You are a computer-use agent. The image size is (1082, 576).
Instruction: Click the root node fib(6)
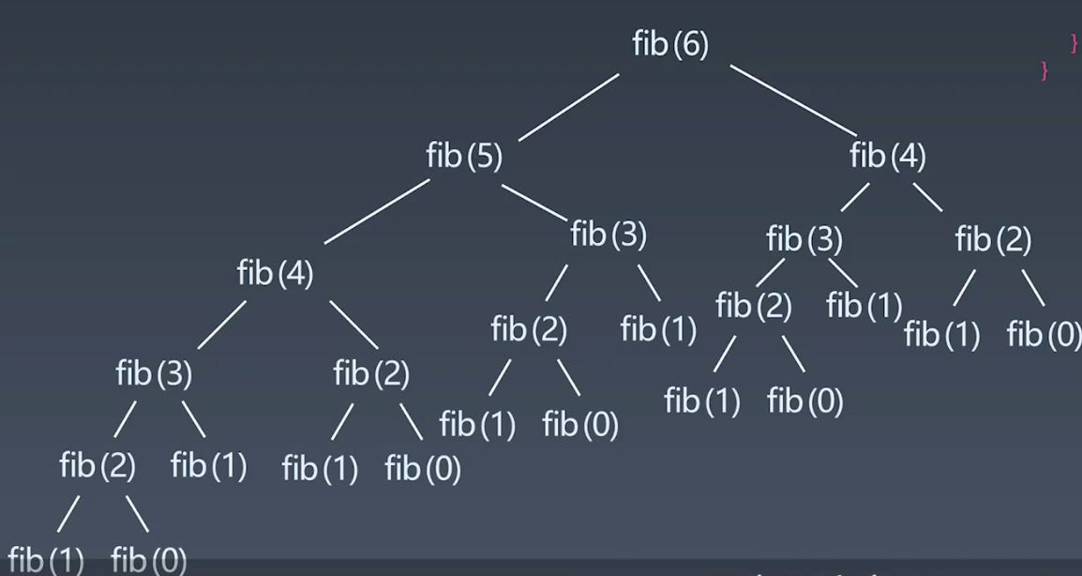670,45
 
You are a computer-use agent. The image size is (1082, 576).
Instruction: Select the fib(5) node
464,156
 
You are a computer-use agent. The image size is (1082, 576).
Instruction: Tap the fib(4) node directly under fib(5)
275,274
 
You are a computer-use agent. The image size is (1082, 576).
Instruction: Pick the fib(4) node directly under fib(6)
887,156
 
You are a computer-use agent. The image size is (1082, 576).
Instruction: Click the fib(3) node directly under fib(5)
609,235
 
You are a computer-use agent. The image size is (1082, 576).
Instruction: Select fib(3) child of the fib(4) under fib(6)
804,240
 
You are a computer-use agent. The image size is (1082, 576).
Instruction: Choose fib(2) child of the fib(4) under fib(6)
993,240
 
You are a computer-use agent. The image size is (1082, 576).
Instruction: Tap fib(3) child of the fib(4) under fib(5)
154,373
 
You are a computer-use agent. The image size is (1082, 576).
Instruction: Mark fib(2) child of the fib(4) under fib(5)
371,373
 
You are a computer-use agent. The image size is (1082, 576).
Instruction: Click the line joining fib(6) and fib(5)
568,107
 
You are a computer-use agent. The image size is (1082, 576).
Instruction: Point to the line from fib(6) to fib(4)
793,101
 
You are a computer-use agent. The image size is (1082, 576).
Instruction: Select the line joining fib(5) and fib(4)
377,212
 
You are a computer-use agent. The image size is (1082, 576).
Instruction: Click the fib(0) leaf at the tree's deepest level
148,561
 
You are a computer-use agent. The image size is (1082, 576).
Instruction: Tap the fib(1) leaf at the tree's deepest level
46,561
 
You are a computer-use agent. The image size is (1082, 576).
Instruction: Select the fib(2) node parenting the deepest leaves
98,464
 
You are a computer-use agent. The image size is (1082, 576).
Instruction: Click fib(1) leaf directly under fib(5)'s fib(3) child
658,329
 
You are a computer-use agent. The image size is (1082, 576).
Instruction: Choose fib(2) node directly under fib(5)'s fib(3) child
529,329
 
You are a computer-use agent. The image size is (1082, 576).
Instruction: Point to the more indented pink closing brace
1074,43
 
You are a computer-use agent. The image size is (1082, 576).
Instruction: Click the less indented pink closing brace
1044,71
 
